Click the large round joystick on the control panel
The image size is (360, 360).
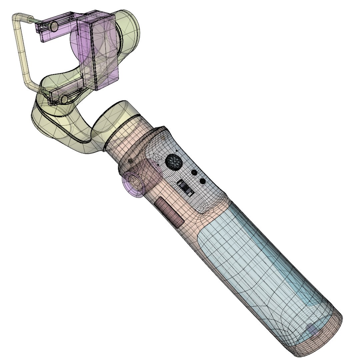[174, 162]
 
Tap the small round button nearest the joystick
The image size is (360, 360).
[194, 173]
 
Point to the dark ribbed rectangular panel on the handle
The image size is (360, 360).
[170, 212]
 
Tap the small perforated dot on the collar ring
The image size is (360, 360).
[130, 160]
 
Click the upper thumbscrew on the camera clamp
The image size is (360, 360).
[53, 26]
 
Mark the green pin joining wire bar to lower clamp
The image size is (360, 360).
[41, 90]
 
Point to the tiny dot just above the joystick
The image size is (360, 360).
[176, 151]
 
